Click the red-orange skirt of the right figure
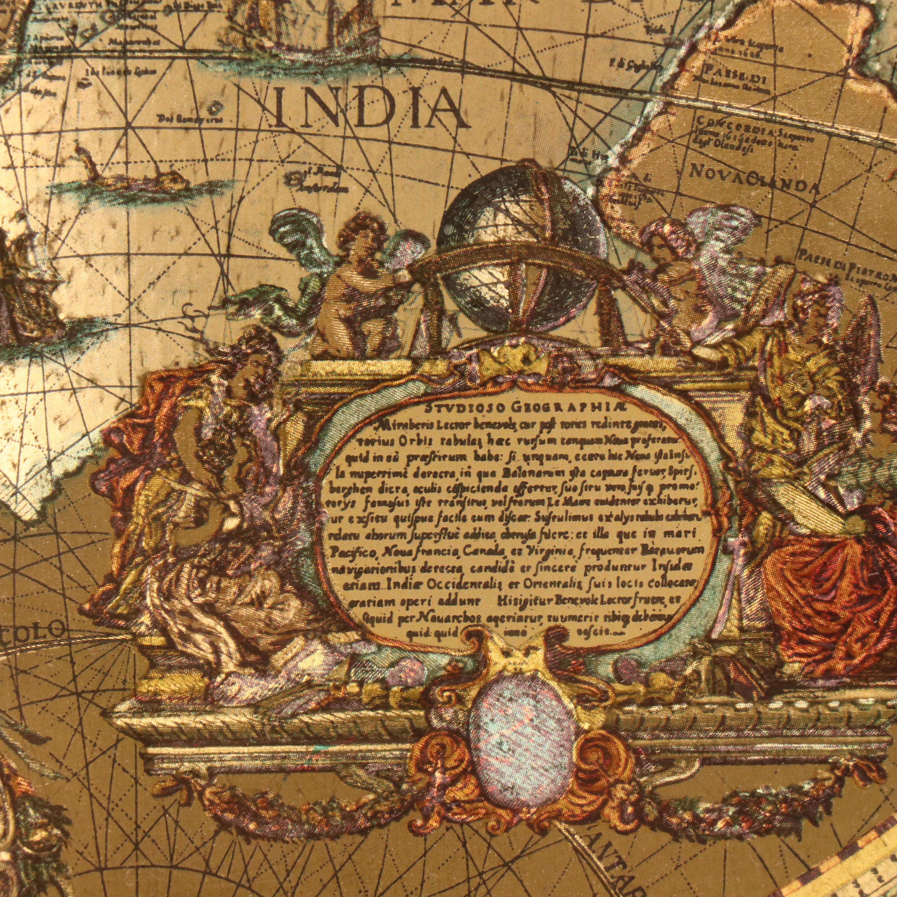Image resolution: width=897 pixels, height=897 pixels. (x=831, y=585)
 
